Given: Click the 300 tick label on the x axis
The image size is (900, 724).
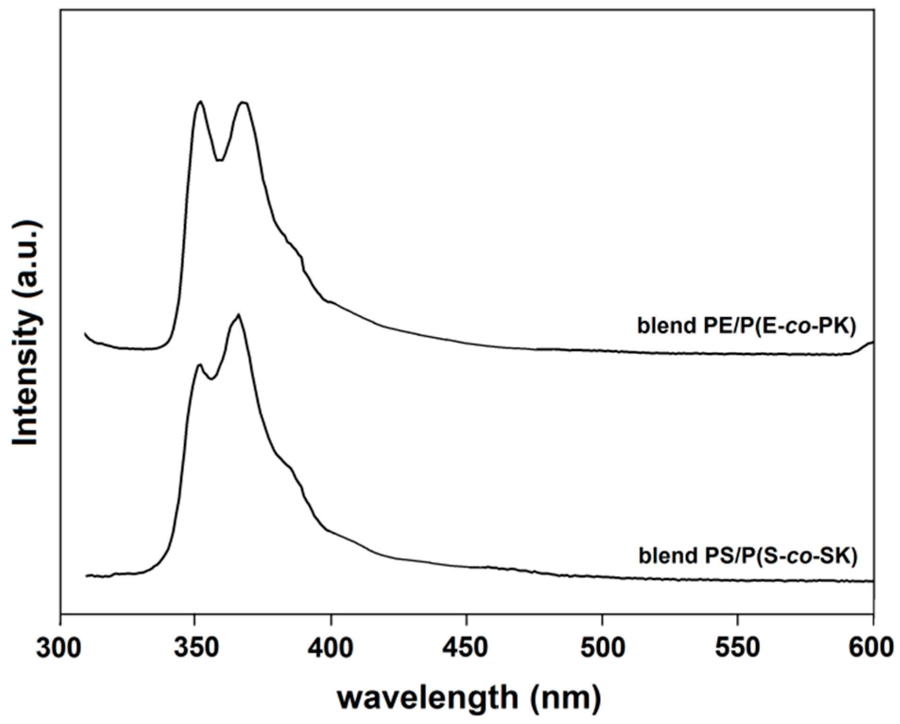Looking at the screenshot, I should (x=60, y=648).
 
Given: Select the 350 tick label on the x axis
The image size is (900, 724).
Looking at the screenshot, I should (x=195, y=648).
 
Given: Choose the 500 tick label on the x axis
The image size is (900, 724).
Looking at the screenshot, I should (x=602, y=648).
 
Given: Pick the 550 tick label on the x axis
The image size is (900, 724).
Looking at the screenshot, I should (x=737, y=648).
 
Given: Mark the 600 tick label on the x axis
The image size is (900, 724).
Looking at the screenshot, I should (x=872, y=648).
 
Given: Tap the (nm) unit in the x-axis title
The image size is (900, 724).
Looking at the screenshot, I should (x=566, y=697).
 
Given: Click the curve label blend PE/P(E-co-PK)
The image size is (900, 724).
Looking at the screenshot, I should (x=746, y=326).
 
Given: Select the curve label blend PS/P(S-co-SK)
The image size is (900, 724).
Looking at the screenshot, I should (x=748, y=556).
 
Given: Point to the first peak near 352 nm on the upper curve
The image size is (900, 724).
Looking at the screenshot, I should (x=201, y=102).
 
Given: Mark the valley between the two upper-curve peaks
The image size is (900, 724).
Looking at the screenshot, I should (x=219, y=160).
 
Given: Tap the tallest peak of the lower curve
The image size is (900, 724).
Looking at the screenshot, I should (x=239, y=315).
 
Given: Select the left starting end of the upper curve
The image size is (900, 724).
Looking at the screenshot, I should (x=86, y=334).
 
